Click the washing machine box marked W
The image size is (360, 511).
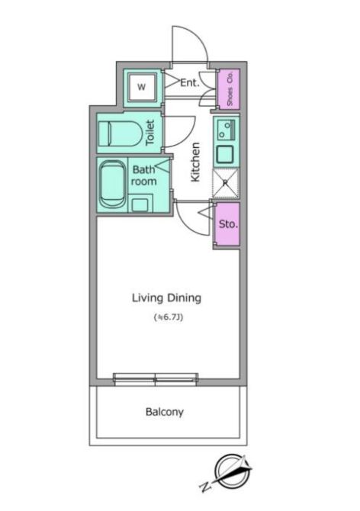tap(142, 87)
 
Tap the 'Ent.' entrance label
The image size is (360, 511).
tap(190, 83)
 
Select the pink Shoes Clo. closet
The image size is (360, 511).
tap(229, 88)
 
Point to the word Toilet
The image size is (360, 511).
tap(149, 133)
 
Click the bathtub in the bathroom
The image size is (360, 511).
tap(112, 185)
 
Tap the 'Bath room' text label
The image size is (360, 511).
tap(143, 175)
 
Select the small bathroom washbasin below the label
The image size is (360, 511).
tap(140, 204)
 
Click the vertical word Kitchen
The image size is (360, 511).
tap(195, 162)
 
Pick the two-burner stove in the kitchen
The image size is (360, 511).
tap(227, 129)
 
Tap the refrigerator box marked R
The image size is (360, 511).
tap(226, 183)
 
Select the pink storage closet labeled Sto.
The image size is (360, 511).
tap(228, 224)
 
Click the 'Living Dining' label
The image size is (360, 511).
tap(166, 298)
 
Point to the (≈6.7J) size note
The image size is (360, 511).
tap(168, 317)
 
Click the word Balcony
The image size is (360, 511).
tap(165, 412)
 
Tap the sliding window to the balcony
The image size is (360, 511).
tap(156, 379)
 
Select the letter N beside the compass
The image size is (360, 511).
tap(204, 487)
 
